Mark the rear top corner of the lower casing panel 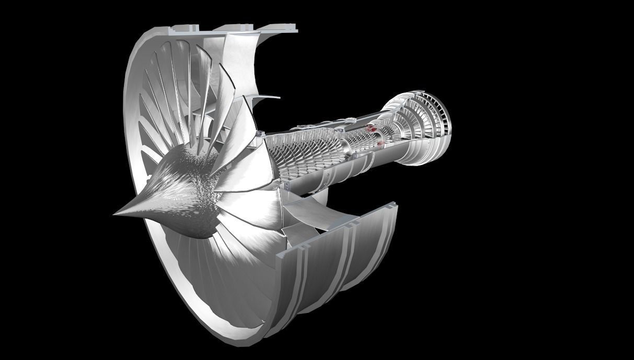point(395,207)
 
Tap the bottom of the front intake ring point(246,334)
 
